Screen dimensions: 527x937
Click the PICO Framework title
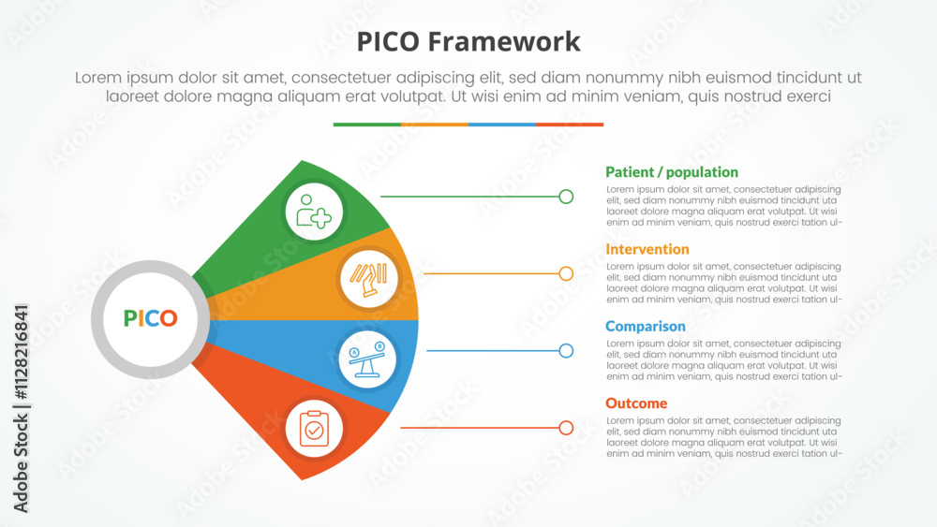click(x=468, y=42)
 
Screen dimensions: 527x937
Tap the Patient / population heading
click(x=672, y=172)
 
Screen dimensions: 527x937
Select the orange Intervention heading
click(x=647, y=249)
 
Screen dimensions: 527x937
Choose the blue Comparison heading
click(x=646, y=327)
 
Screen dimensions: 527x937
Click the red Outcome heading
click(x=636, y=403)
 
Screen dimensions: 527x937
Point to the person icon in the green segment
click(x=314, y=212)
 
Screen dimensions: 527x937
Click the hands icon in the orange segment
click(x=369, y=277)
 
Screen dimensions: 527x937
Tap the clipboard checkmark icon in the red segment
click(x=314, y=428)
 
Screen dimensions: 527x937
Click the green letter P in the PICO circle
click(x=129, y=318)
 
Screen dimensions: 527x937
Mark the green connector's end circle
click(x=566, y=197)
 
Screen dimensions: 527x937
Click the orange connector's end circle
click(x=566, y=273)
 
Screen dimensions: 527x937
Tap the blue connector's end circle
click(x=566, y=351)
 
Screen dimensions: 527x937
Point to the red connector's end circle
click(x=566, y=428)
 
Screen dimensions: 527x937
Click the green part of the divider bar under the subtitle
click(x=366, y=124)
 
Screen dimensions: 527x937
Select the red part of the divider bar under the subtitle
click(x=570, y=124)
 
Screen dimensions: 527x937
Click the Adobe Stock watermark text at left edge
click(x=22, y=408)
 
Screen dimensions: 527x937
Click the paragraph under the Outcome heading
click(x=723, y=437)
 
